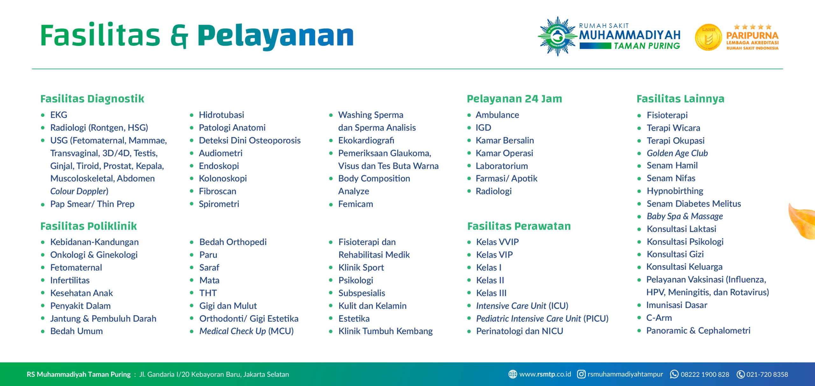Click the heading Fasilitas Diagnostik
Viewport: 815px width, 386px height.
pos(92,99)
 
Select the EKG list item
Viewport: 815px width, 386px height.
pos(59,115)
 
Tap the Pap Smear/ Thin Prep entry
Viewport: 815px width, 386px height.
pos(92,204)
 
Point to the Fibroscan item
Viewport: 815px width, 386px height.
pos(218,191)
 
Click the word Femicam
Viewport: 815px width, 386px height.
pos(356,204)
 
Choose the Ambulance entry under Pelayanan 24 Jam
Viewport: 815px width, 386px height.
pos(497,115)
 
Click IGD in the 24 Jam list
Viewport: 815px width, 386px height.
pos(483,128)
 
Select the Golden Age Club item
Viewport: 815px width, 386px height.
pos(677,153)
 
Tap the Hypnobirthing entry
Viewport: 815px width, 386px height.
pos(675,191)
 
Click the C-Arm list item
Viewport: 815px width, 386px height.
pos(659,318)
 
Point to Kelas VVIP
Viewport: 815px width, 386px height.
pos(498,242)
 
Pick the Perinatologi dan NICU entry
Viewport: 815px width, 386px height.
pos(520,331)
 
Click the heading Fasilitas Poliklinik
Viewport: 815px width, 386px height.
pos(89,226)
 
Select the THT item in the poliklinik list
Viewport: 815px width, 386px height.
pos(208,293)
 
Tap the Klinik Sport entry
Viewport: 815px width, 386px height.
pos(361,267)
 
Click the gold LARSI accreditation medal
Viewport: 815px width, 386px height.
pos(708,37)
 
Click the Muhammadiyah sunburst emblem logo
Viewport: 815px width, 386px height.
pos(557,36)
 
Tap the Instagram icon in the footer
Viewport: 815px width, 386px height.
pos(581,374)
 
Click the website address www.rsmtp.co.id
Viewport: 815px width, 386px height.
pos(545,374)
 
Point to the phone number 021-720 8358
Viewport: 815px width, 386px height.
pos(767,374)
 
